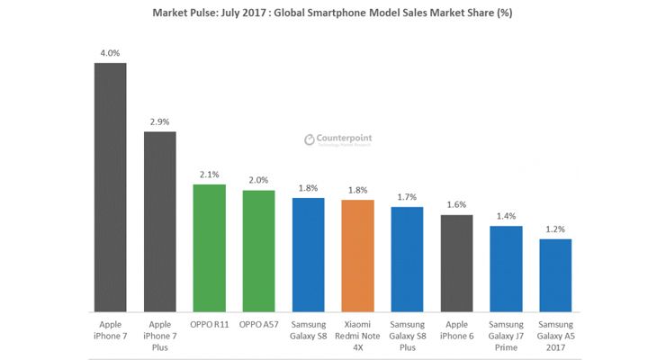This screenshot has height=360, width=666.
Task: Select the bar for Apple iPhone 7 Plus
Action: point(160,220)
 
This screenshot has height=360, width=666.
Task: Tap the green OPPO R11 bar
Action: point(210,247)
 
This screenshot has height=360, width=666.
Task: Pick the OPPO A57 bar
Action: point(259,250)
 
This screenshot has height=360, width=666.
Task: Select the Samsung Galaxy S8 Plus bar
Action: point(407,258)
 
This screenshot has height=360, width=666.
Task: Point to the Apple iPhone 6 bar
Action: point(456,262)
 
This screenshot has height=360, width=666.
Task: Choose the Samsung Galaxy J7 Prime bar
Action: point(506,267)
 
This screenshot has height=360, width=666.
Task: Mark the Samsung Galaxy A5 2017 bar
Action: point(555,274)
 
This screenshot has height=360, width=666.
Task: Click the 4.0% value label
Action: point(111,52)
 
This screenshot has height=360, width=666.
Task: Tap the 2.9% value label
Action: point(160,121)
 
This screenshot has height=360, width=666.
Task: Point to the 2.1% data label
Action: point(210,174)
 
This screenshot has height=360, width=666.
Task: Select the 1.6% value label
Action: point(456,204)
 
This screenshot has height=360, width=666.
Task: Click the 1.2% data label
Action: point(555,229)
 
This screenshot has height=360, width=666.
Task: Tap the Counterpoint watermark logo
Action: point(337,139)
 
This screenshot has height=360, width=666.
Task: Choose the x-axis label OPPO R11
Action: point(210,321)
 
